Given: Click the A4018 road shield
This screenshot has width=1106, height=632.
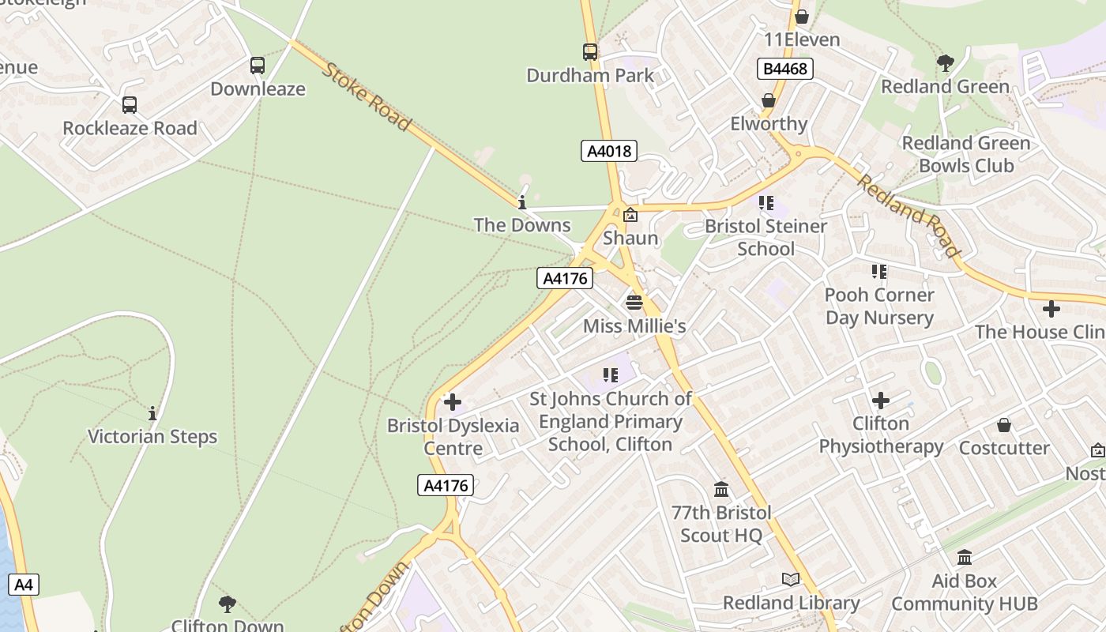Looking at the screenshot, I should pyautogui.click(x=608, y=151).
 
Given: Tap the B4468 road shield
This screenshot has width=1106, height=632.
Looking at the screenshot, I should pyautogui.click(x=784, y=69).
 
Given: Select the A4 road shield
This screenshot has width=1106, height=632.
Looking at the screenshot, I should pyautogui.click(x=24, y=585).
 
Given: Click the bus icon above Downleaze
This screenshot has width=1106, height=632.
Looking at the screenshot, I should pyautogui.click(x=258, y=66).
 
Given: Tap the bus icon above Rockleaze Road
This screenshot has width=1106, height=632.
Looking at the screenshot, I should pyautogui.click(x=130, y=104).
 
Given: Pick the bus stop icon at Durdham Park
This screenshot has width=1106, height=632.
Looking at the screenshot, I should pyautogui.click(x=590, y=52).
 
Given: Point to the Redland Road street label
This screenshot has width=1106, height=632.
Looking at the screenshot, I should pyautogui.click(x=908, y=215).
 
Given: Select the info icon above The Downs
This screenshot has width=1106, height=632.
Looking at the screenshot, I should pyautogui.click(x=521, y=202).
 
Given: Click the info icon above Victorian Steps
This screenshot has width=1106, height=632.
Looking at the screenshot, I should pyautogui.click(x=152, y=413).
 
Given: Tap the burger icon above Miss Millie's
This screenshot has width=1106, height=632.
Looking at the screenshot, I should pyautogui.click(x=634, y=302).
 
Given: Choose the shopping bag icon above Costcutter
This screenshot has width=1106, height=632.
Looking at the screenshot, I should pyautogui.click(x=1004, y=425).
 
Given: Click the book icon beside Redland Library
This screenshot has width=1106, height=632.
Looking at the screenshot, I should pyautogui.click(x=791, y=580).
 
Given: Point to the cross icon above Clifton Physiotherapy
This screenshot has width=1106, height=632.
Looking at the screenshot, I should pyautogui.click(x=881, y=401).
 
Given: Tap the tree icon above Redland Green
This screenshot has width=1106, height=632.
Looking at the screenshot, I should pyautogui.click(x=945, y=63).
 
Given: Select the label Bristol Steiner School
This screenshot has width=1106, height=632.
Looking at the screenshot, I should pyautogui.click(x=766, y=237).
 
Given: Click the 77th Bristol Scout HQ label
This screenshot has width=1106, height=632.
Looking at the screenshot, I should pyautogui.click(x=721, y=524).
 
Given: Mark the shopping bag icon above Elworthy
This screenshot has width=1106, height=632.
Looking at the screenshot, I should pyautogui.click(x=768, y=100).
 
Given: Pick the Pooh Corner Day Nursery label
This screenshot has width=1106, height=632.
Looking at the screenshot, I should pyautogui.click(x=879, y=306).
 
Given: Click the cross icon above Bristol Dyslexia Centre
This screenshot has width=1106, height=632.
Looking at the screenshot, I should pyautogui.click(x=453, y=403).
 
